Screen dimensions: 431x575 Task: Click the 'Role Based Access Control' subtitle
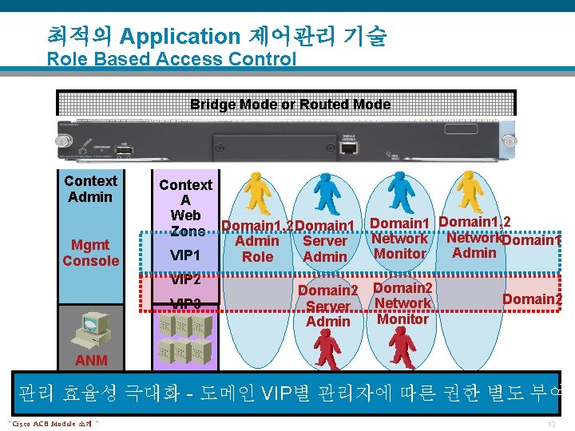pos(171,59)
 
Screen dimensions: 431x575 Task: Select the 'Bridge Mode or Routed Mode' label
pos(290,105)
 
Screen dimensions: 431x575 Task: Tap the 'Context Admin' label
pos(90,189)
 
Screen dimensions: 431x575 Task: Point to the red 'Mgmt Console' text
pos(90,252)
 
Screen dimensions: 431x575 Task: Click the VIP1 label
pos(185,255)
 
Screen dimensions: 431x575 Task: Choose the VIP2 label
pos(185,280)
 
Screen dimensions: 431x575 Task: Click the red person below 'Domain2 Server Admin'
pos(327,349)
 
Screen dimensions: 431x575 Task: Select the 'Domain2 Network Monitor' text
pos(402,303)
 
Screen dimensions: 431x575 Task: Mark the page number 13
pos(550,423)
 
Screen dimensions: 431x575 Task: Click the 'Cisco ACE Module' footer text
pos(54,423)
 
